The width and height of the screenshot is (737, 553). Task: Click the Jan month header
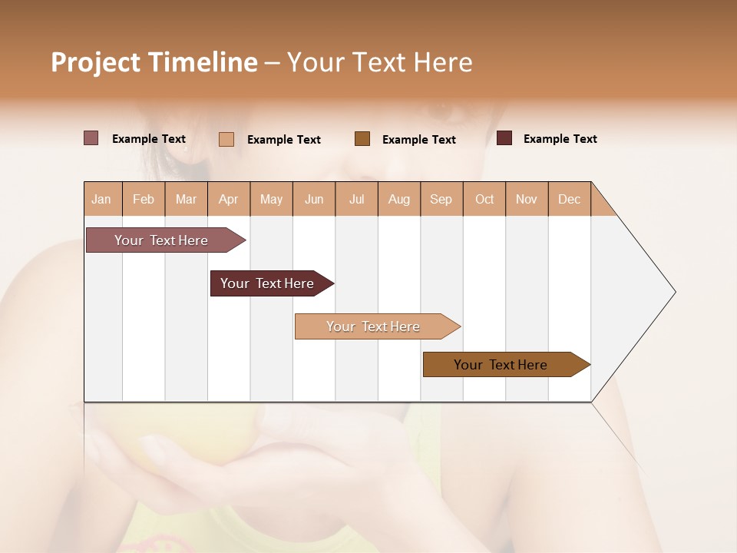point(102,199)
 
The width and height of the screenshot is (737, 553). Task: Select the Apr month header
point(229,199)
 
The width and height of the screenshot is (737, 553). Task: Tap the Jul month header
point(356,199)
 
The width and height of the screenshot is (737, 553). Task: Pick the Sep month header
point(441,199)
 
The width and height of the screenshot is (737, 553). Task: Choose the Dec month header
point(569,199)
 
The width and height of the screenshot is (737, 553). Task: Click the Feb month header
point(144,199)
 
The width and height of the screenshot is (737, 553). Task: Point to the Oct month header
point(484,199)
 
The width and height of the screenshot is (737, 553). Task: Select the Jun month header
point(314,199)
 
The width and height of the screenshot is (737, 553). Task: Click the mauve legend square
point(91,138)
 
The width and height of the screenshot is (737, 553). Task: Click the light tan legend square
point(226,139)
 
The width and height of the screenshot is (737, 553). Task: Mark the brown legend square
point(362,139)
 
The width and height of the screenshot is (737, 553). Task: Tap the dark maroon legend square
point(504,138)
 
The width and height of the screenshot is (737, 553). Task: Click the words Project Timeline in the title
point(154,62)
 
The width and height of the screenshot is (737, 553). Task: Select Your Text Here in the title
point(380,62)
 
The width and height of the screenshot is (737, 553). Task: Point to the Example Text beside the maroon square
point(560,139)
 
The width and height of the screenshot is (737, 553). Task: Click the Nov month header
point(527,199)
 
